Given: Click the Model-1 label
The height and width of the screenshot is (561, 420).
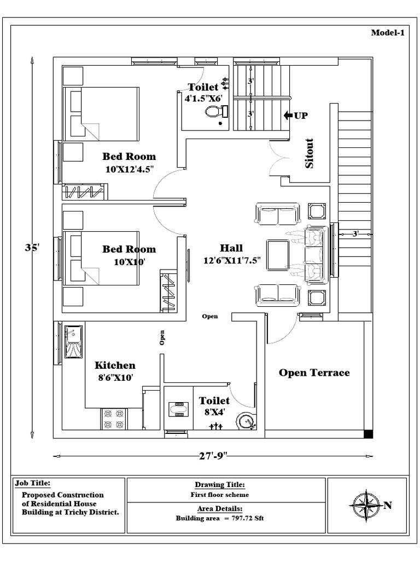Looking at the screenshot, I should (x=387, y=33).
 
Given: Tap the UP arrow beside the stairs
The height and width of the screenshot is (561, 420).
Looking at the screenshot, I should (x=289, y=116).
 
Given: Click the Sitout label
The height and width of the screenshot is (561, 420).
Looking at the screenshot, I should (x=310, y=153).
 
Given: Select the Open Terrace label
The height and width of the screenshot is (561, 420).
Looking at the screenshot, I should (x=314, y=373).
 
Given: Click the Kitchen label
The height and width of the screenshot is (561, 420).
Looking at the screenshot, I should (x=115, y=365).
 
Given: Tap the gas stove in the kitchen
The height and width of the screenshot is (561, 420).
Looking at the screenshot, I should (x=114, y=419).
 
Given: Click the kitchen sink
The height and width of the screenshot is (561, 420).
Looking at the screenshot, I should (x=73, y=342).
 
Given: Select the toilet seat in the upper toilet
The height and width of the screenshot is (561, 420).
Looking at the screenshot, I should (x=214, y=112).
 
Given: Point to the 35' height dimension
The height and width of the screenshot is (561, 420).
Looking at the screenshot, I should (x=32, y=247).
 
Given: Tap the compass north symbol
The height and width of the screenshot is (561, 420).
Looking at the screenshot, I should (x=366, y=505).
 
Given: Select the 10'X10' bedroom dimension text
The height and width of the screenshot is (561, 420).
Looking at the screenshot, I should (x=129, y=262).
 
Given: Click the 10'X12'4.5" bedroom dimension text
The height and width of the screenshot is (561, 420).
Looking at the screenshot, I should (x=129, y=169).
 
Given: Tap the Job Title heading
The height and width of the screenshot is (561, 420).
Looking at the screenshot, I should (x=33, y=483).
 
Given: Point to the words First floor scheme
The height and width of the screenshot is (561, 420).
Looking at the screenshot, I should (x=219, y=495).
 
